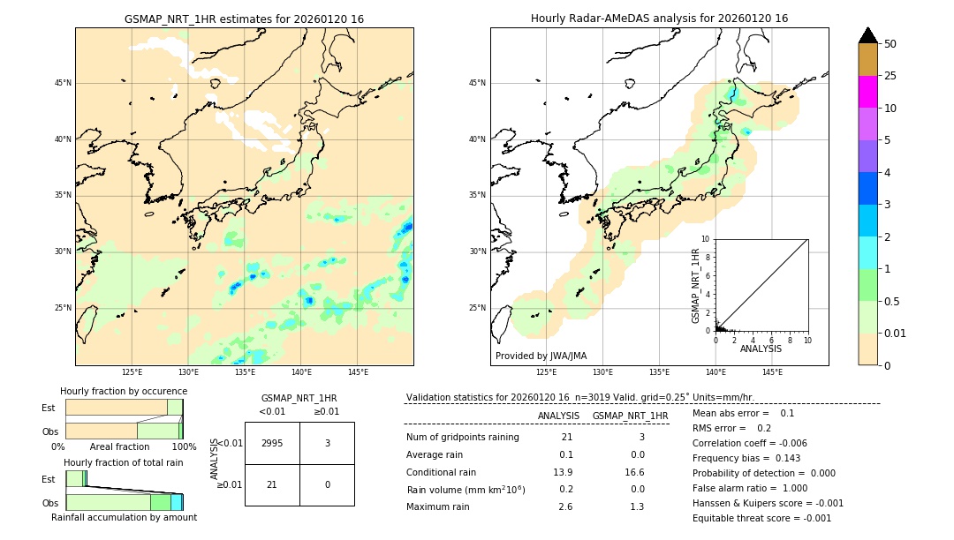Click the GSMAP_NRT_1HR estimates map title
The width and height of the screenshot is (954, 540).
coord(244,19)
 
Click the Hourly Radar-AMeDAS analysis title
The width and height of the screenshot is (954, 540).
coord(659,19)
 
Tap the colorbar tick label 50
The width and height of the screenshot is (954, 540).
coord(890,43)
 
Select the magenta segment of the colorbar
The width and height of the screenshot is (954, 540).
coord(868,92)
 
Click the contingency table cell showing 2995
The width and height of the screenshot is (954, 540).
coord(272,443)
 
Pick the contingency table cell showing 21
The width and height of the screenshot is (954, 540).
coord(272,484)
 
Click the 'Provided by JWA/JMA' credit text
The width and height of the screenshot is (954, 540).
coord(541,356)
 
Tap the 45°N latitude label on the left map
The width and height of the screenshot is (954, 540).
coord(63,83)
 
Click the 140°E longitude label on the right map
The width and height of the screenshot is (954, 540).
coord(715,372)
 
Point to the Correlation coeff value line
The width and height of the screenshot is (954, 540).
coord(749,444)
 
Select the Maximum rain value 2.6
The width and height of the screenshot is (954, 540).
coord(565,506)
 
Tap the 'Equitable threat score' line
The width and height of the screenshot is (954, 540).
coord(761,519)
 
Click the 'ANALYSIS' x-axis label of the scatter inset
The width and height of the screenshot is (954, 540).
coord(761,349)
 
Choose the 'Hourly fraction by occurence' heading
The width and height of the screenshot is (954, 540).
coord(124,391)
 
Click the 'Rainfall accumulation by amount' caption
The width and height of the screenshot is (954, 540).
coord(124,517)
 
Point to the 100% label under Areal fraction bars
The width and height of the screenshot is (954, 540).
coord(183,446)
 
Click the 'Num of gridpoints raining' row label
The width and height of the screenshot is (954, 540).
coord(463,438)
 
